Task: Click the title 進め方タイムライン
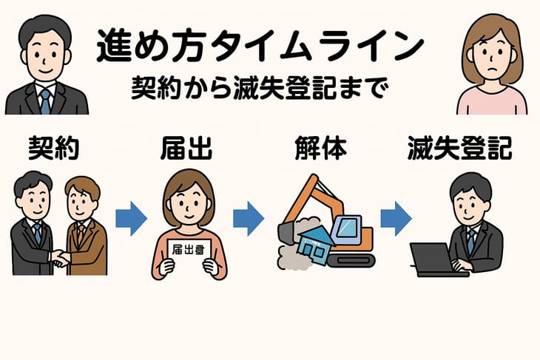(260, 46)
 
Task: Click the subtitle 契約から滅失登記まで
(260, 87)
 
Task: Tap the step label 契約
(54, 148)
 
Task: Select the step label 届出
(186, 148)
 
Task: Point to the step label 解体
(320, 148)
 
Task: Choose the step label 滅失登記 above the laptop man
(460, 148)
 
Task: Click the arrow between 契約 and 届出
(131, 219)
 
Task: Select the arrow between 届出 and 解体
(249, 219)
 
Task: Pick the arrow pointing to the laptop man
(396, 219)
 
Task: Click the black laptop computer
(436, 260)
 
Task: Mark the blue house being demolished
(316, 246)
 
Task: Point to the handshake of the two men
(61, 258)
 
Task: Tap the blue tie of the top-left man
(45, 101)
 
